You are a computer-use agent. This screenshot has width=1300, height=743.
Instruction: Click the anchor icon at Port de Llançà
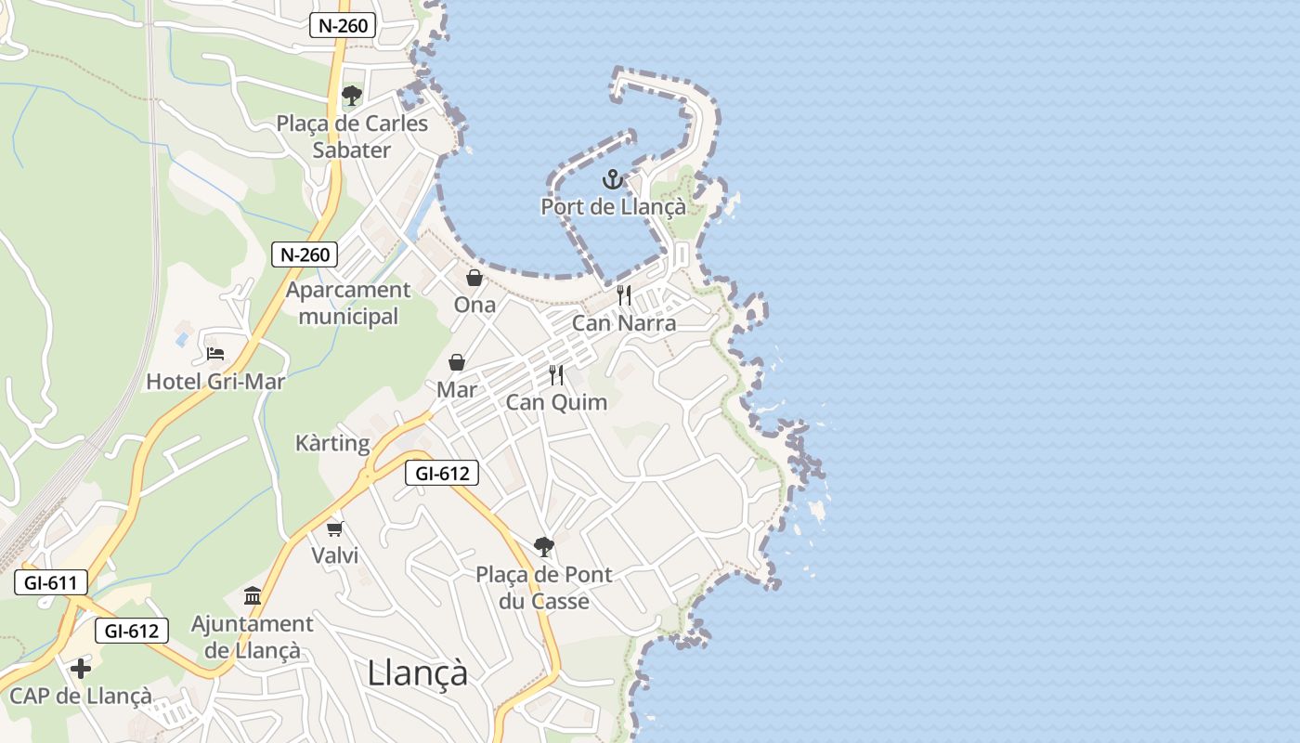click(611, 179)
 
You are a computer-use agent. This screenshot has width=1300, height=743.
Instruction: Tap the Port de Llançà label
click(613, 207)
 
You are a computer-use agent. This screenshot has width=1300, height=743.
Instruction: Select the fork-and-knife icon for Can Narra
click(624, 295)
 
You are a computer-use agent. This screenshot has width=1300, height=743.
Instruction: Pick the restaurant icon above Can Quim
click(556, 375)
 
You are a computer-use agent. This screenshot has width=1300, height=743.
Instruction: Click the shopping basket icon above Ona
click(474, 278)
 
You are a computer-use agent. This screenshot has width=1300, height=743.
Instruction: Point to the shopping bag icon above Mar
click(457, 362)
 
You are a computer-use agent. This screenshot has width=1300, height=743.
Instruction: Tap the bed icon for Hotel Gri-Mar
click(215, 354)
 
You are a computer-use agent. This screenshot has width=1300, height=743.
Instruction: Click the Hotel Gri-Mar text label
click(215, 382)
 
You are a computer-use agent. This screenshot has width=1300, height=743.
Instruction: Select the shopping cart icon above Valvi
click(334, 528)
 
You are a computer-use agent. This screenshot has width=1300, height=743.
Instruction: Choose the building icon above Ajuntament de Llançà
click(253, 595)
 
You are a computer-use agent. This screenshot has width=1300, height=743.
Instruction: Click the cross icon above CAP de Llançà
click(81, 668)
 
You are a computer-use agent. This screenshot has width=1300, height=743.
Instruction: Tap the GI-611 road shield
click(51, 583)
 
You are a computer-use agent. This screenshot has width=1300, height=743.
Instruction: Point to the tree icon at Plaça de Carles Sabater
click(352, 96)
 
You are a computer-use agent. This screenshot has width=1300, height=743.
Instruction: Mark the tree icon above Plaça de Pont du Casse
click(544, 547)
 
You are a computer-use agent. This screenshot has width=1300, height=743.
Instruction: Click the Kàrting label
click(332, 443)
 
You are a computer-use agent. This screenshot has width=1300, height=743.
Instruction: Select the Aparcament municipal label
click(348, 303)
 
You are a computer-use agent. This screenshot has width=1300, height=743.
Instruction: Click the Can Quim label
click(556, 402)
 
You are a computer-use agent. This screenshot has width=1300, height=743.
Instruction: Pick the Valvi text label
click(334, 555)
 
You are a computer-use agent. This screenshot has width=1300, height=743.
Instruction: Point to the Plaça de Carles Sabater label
click(352, 137)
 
